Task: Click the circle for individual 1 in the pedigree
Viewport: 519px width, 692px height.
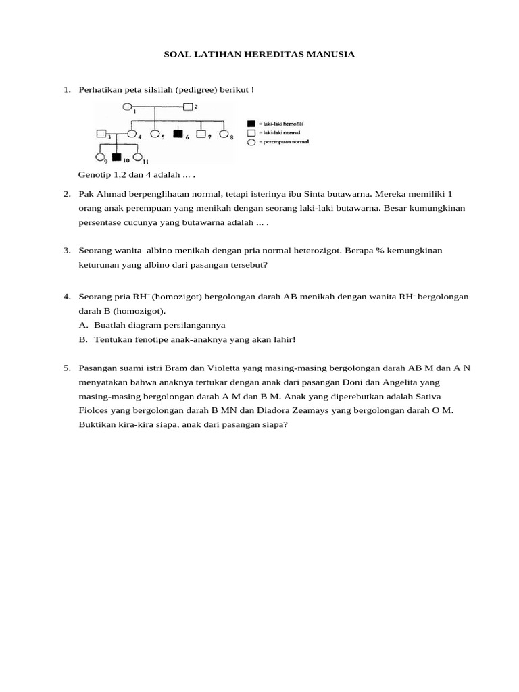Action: (128, 106)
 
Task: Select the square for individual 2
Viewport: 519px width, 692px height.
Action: (189, 106)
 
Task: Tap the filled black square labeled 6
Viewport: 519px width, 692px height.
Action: (178, 134)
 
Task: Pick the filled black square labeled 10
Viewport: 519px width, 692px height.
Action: (117, 158)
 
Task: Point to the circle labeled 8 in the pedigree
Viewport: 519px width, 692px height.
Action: (224, 134)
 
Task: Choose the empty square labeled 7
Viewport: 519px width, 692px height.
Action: (201, 134)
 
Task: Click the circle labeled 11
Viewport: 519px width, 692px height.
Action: (138, 158)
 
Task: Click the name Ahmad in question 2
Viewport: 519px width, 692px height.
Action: (109, 194)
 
